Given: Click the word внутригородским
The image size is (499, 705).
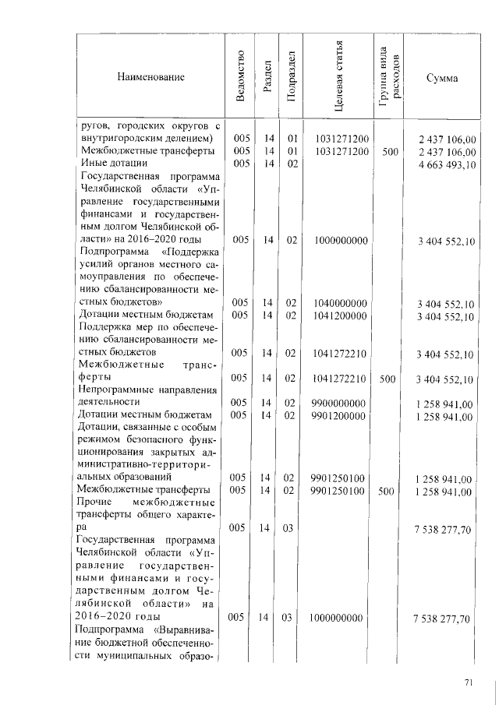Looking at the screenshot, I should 124,139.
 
